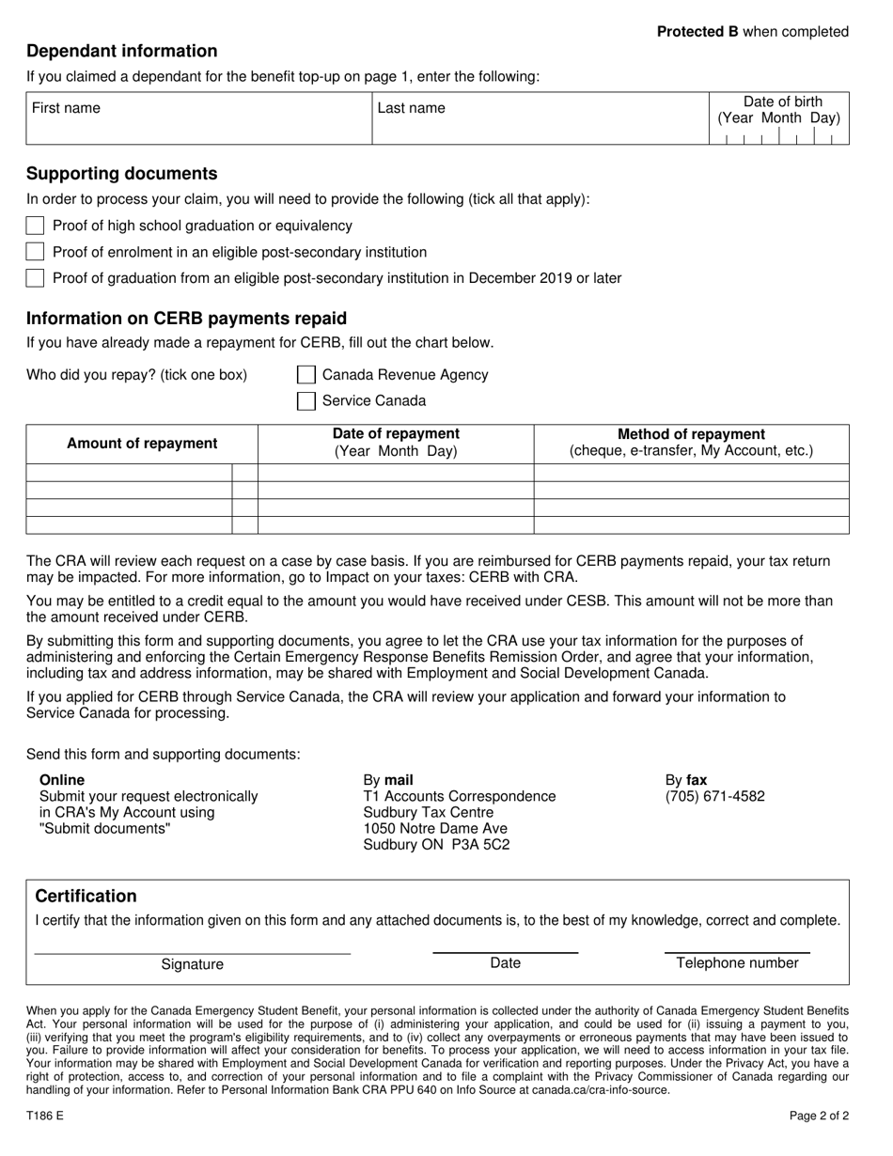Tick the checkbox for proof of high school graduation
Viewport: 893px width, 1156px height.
pos(35,226)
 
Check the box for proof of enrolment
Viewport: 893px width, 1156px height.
pos(35,252)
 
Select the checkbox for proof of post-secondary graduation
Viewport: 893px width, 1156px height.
pos(35,278)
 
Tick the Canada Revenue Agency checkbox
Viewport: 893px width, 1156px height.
pos(306,375)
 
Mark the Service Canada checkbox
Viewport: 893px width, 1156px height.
pos(306,401)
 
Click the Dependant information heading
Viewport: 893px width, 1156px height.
pos(122,51)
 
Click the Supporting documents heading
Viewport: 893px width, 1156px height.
pos(122,174)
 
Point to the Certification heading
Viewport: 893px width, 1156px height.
pos(86,896)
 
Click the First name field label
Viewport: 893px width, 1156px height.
pos(66,108)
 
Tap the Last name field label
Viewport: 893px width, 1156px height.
pos(412,108)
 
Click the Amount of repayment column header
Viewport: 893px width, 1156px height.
pos(142,444)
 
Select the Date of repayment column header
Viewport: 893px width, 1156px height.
pos(396,434)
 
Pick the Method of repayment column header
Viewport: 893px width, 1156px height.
pos(691,434)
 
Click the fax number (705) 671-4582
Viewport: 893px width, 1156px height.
pos(715,796)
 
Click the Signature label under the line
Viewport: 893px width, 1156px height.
pos(193,964)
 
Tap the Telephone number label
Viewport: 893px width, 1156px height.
pos(737,962)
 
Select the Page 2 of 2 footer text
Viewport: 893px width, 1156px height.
pos(819,1117)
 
